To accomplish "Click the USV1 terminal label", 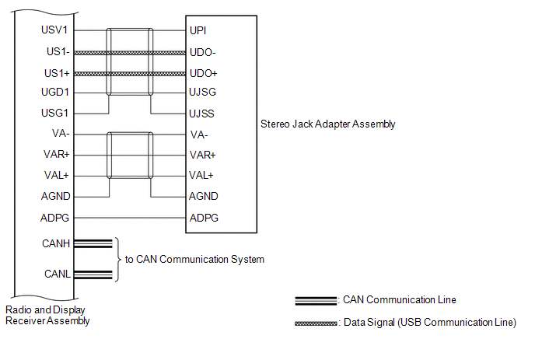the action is pyautogui.click(x=54, y=30).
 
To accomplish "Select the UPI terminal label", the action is pyautogui.click(x=198, y=30).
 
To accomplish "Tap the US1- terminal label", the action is pyautogui.click(x=58, y=52).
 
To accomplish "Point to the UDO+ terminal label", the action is pyautogui.click(x=204, y=73).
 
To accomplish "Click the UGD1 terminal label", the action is pyautogui.click(x=55, y=92).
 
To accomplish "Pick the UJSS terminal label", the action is pyautogui.click(x=201, y=114).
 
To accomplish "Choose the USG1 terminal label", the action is pyautogui.click(x=54, y=113).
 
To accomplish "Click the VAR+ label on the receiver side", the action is pyautogui.click(x=57, y=154).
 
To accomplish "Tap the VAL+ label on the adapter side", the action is pyautogui.click(x=201, y=176).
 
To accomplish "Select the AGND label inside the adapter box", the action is pyautogui.click(x=204, y=196).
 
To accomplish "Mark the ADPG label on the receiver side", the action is pyautogui.click(x=54, y=218).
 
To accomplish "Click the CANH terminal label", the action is pyautogui.click(x=56, y=243).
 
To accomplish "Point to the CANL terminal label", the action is pyautogui.click(x=58, y=274).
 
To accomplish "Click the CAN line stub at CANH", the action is pyautogui.click(x=93, y=243).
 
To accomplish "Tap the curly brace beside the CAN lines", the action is pyautogui.click(x=118, y=260).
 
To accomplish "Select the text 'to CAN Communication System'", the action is pyautogui.click(x=195, y=260).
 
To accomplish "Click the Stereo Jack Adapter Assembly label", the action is pyautogui.click(x=328, y=124).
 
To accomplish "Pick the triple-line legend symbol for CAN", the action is pyautogui.click(x=316, y=301).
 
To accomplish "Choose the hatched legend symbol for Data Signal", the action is pyautogui.click(x=316, y=323).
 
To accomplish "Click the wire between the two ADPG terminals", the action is pyautogui.click(x=130, y=218).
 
